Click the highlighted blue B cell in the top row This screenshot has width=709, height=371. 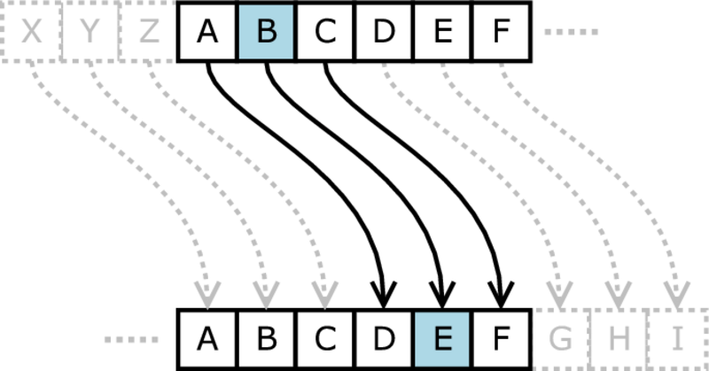point(267,32)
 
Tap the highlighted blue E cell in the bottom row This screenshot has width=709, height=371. point(442,339)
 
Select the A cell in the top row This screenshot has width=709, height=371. point(207,32)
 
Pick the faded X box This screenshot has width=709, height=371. point(31,32)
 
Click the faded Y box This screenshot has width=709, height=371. point(90,32)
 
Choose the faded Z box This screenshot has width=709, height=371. point(148,32)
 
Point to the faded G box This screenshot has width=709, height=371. point(561,339)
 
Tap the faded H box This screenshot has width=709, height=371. point(619,339)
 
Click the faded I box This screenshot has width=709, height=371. point(678,339)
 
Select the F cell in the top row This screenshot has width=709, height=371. point(502,32)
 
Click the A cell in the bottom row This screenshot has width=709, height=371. point(207,339)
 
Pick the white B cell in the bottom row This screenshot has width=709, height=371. point(267,339)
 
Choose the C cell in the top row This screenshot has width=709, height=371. point(325,32)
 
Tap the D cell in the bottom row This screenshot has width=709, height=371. point(384,339)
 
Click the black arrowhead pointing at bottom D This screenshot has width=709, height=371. point(384,295)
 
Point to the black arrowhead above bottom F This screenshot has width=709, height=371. point(501,295)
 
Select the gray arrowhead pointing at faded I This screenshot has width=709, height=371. point(677,295)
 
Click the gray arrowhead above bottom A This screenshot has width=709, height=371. point(207,295)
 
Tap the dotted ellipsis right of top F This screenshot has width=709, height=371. point(571,32)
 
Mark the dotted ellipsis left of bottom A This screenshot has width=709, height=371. point(131,340)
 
